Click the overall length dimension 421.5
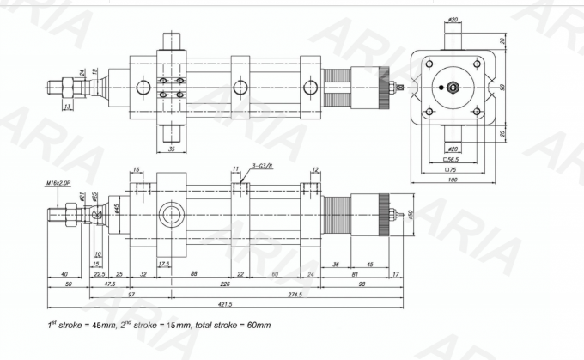coord(225,303)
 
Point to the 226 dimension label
coord(225,284)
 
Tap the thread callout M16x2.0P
coord(58,183)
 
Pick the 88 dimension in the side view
coord(195,274)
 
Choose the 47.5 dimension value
coord(110,284)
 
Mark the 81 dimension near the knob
coord(355,274)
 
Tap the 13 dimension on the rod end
coord(67,107)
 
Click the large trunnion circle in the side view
coord(171,214)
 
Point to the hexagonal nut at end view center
coord(452,87)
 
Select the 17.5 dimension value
coord(163,264)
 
